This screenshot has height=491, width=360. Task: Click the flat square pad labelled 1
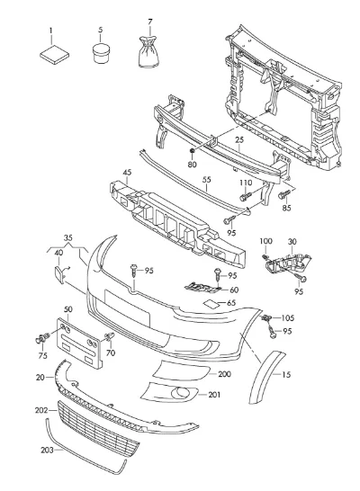(54, 55)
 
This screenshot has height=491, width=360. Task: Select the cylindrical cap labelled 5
(101, 54)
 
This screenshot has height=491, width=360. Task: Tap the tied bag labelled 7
(148, 52)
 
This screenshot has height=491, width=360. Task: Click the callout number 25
(239, 139)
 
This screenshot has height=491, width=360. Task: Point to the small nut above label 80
(192, 151)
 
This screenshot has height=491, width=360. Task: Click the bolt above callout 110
(246, 196)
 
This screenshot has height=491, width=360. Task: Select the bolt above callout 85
(284, 195)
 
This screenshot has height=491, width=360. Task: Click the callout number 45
(127, 172)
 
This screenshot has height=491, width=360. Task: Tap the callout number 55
(206, 180)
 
